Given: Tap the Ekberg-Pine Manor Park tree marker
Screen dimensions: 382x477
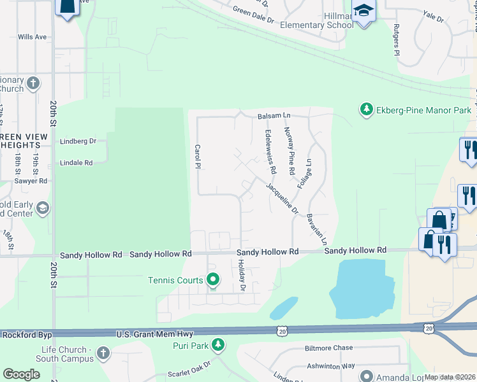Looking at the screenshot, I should point(367,110).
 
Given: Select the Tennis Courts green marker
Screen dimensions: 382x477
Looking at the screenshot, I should point(213,279).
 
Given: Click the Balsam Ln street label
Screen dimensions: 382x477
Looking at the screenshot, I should point(274,116).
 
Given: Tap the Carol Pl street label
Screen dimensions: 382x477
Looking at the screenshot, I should point(198,156).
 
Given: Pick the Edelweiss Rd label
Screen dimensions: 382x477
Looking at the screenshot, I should point(270,152).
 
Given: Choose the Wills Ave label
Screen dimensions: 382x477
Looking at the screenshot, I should point(33,37).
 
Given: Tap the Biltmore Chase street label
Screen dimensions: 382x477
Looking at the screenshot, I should point(328,348).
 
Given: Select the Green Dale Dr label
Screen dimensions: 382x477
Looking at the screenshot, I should point(253,15).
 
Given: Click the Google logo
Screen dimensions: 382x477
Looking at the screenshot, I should point(21,374).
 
